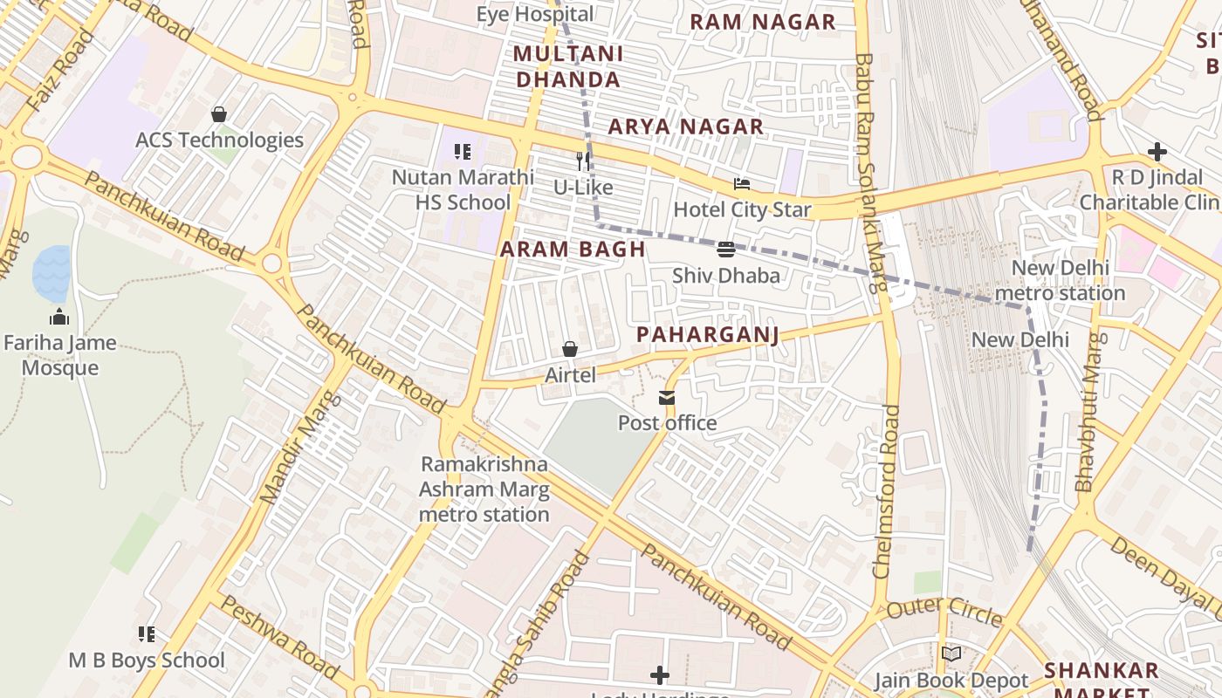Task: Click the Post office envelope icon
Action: (667, 399)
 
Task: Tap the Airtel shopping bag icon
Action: (570, 350)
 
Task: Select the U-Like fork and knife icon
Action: (583, 161)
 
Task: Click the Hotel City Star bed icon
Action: (742, 184)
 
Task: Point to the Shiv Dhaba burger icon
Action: (725, 250)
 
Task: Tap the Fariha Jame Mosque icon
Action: (59, 317)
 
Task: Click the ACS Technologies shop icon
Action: (219, 114)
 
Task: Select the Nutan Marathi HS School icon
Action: (463, 152)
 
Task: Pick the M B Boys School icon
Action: (147, 634)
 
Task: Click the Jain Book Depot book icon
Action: (951, 654)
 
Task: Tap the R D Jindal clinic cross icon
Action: (1157, 152)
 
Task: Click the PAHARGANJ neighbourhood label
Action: (707, 335)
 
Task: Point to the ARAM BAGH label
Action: (573, 250)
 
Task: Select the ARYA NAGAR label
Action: (686, 127)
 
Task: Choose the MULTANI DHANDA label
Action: (568, 66)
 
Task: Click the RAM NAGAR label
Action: (763, 23)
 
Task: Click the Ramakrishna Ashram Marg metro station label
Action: (484, 489)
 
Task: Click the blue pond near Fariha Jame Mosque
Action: (51, 273)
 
